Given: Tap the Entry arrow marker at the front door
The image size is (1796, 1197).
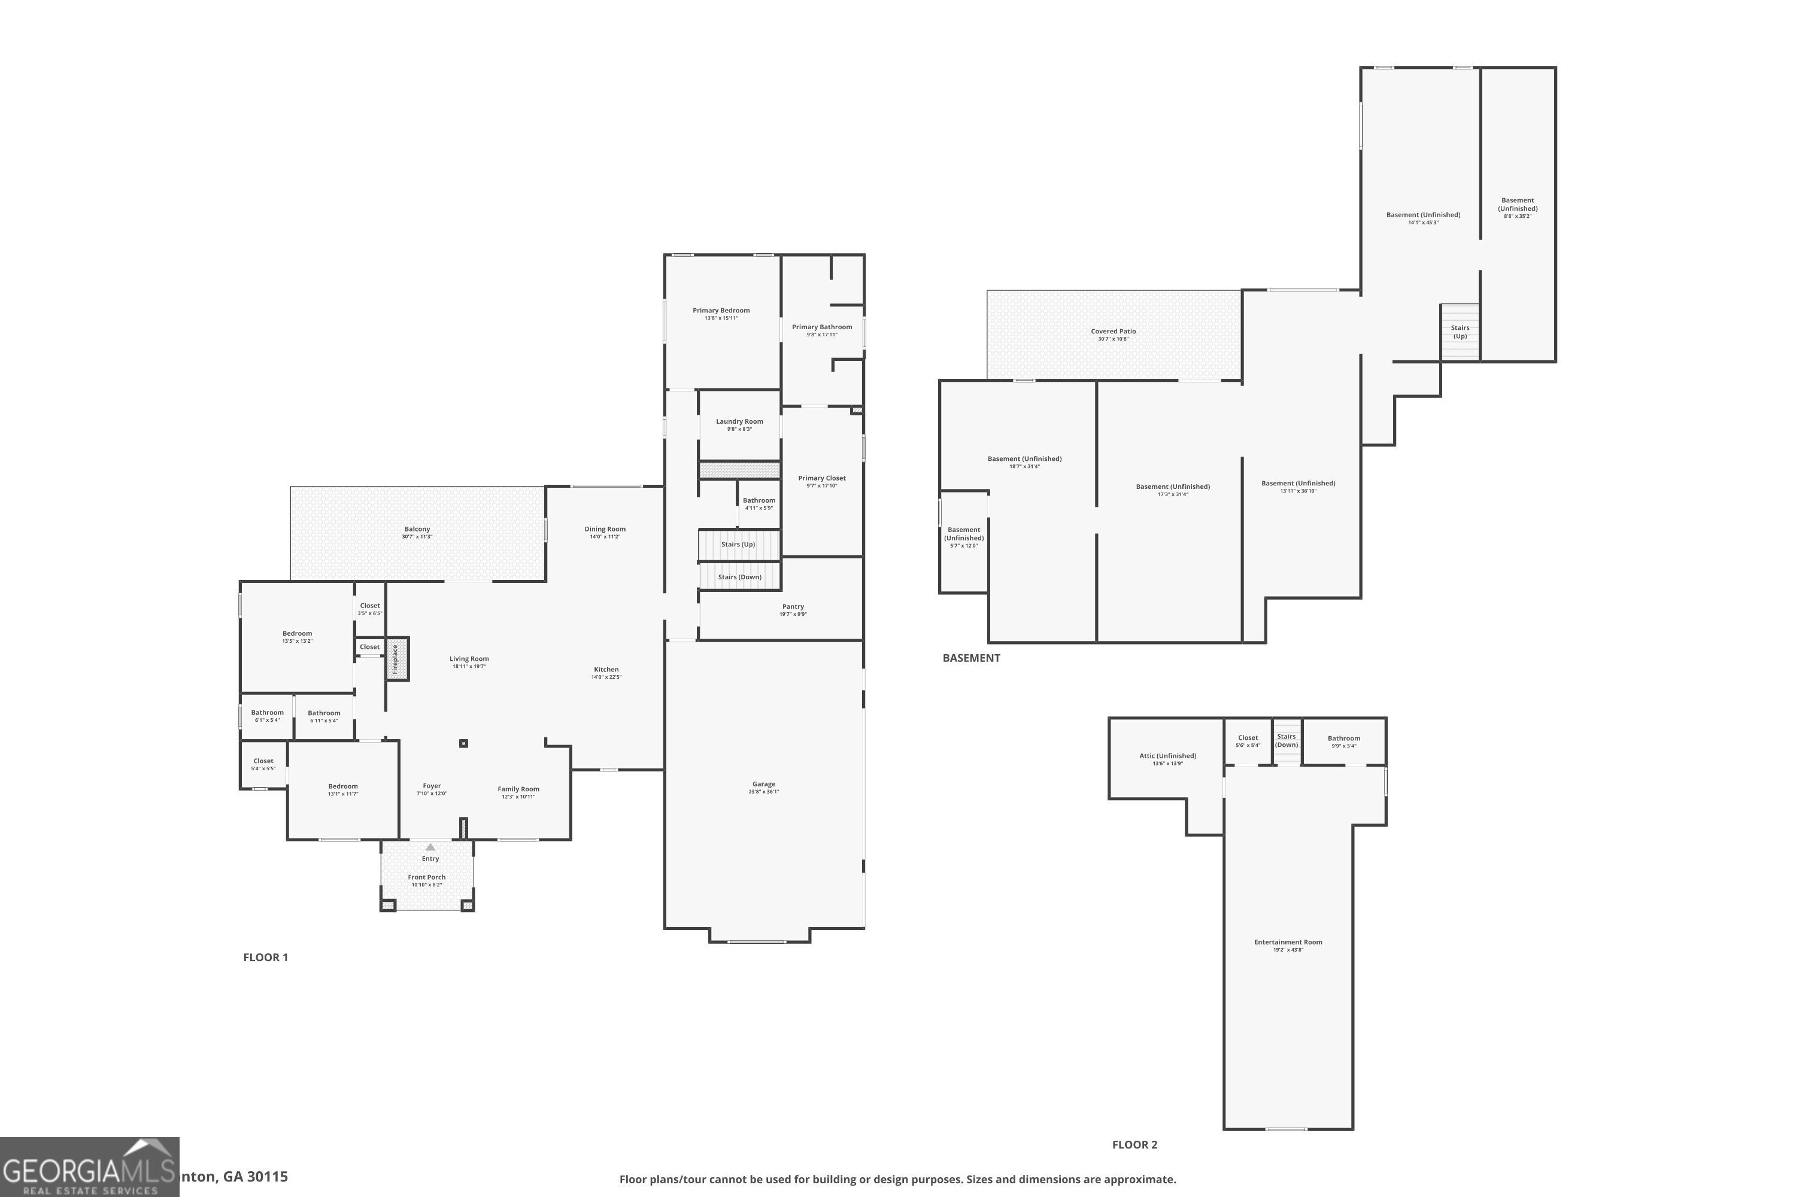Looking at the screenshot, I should (430, 847).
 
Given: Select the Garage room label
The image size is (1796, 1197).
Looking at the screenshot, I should (764, 784).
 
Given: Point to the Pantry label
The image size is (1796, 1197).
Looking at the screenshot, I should (793, 607).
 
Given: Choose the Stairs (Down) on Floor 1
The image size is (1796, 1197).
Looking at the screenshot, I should (739, 577).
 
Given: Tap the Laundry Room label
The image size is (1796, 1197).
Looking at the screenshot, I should (739, 421).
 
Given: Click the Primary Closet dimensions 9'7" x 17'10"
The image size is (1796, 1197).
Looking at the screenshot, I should (821, 486).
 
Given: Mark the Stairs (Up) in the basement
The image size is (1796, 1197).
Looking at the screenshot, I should (1460, 332).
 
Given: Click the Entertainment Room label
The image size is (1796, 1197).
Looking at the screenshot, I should (1288, 942).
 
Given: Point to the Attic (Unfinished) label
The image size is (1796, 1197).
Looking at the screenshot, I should (1167, 756).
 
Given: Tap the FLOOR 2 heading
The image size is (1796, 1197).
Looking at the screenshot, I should (1134, 1144).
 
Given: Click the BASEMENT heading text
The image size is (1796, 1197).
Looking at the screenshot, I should (971, 658).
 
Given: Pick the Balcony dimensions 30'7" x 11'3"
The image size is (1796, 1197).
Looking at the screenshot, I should (417, 537).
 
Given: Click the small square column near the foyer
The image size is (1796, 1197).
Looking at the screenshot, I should (463, 743).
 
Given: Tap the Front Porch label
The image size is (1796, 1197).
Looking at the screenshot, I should (427, 877).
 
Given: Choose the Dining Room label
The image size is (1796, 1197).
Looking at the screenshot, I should (605, 529).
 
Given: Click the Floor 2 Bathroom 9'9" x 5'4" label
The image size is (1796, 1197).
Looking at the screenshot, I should (1344, 738).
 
